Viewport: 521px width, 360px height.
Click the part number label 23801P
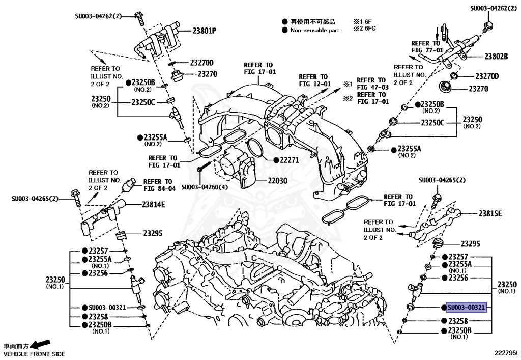click(204, 31)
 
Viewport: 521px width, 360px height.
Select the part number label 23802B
click(496, 57)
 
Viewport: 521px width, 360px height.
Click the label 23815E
click(490, 213)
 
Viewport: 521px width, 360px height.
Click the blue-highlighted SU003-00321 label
click(466, 308)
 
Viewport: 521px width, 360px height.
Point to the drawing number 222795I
click(505, 352)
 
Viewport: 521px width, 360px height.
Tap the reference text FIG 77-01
click(427, 50)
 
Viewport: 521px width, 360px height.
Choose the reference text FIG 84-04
click(159, 188)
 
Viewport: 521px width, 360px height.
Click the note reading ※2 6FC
click(364, 29)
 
